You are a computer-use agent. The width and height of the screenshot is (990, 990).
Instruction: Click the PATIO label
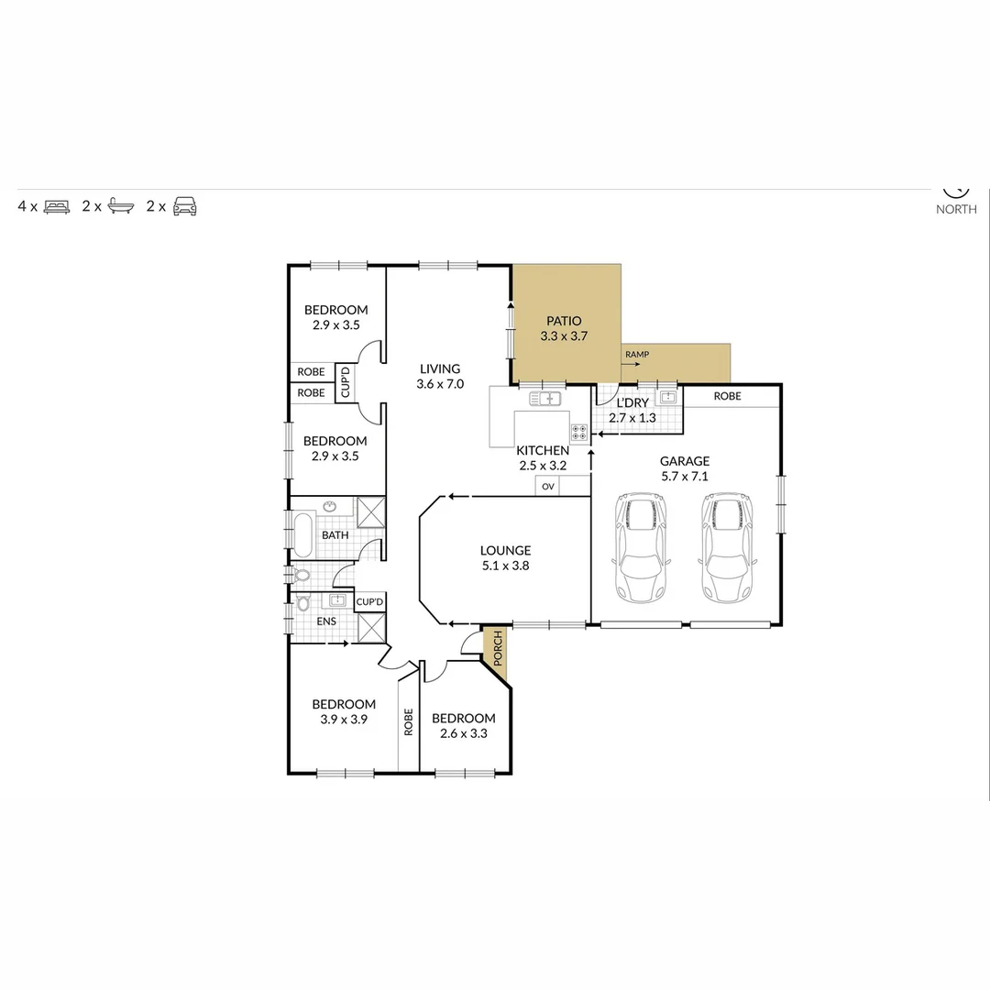(x=564, y=321)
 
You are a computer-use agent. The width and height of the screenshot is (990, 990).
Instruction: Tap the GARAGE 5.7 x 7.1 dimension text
(x=686, y=477)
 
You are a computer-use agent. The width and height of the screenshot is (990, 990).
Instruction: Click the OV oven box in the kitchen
(x=548, y=487)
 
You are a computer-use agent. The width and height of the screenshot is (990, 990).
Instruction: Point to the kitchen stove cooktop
(x=579, y=433)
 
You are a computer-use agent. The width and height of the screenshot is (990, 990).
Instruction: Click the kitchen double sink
(x=545, y=399)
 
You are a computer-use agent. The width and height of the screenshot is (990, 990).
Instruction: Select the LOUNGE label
(x=505, y=551)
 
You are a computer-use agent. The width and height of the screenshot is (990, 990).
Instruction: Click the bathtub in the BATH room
(x=302, y=533)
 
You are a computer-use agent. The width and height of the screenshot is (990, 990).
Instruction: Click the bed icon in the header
(x=57, y=206)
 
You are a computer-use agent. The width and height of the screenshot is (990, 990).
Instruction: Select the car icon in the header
(x=185, y=206)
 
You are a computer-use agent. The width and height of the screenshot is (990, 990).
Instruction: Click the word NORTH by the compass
(x=956, y=209)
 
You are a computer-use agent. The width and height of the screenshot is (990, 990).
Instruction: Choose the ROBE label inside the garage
(x=727, y=396)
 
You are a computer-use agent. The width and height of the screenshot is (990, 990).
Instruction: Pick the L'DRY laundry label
(x=632, y=403)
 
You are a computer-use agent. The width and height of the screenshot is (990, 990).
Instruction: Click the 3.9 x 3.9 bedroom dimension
(x=344, y=720)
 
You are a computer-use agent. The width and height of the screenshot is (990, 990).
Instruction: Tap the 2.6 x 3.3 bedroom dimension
(x=463, y=733)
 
